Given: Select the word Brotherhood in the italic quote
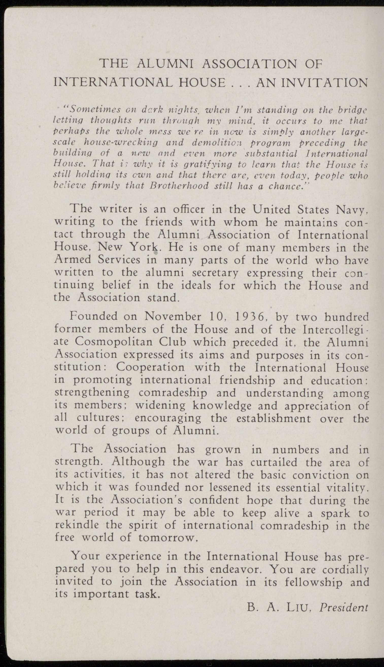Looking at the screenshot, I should coord(179,186).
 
